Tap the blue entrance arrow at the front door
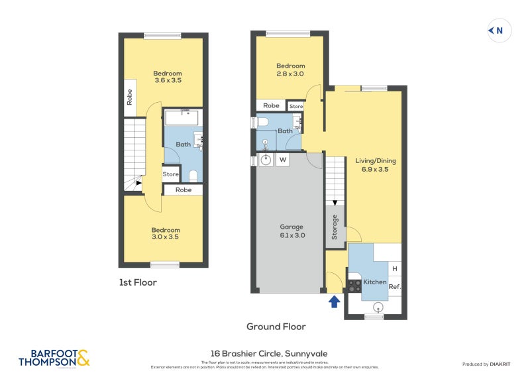[335, 302]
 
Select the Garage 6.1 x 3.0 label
[291, 231]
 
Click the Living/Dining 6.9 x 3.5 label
[372, 164]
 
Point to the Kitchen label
[375, 282]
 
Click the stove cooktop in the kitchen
[354, 285]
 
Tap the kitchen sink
[378, 306]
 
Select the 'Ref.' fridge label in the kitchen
[394, 286]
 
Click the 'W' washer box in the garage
[282, 160]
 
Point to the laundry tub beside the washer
[265, 160]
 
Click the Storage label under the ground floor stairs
[335, 226]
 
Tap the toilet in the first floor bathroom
[193, 176]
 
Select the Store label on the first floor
[171, 175]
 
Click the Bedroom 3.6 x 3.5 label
[168, 77]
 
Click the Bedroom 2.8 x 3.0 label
[290, 70]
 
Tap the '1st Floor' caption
[138, 282]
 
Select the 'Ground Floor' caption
[276, 326]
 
